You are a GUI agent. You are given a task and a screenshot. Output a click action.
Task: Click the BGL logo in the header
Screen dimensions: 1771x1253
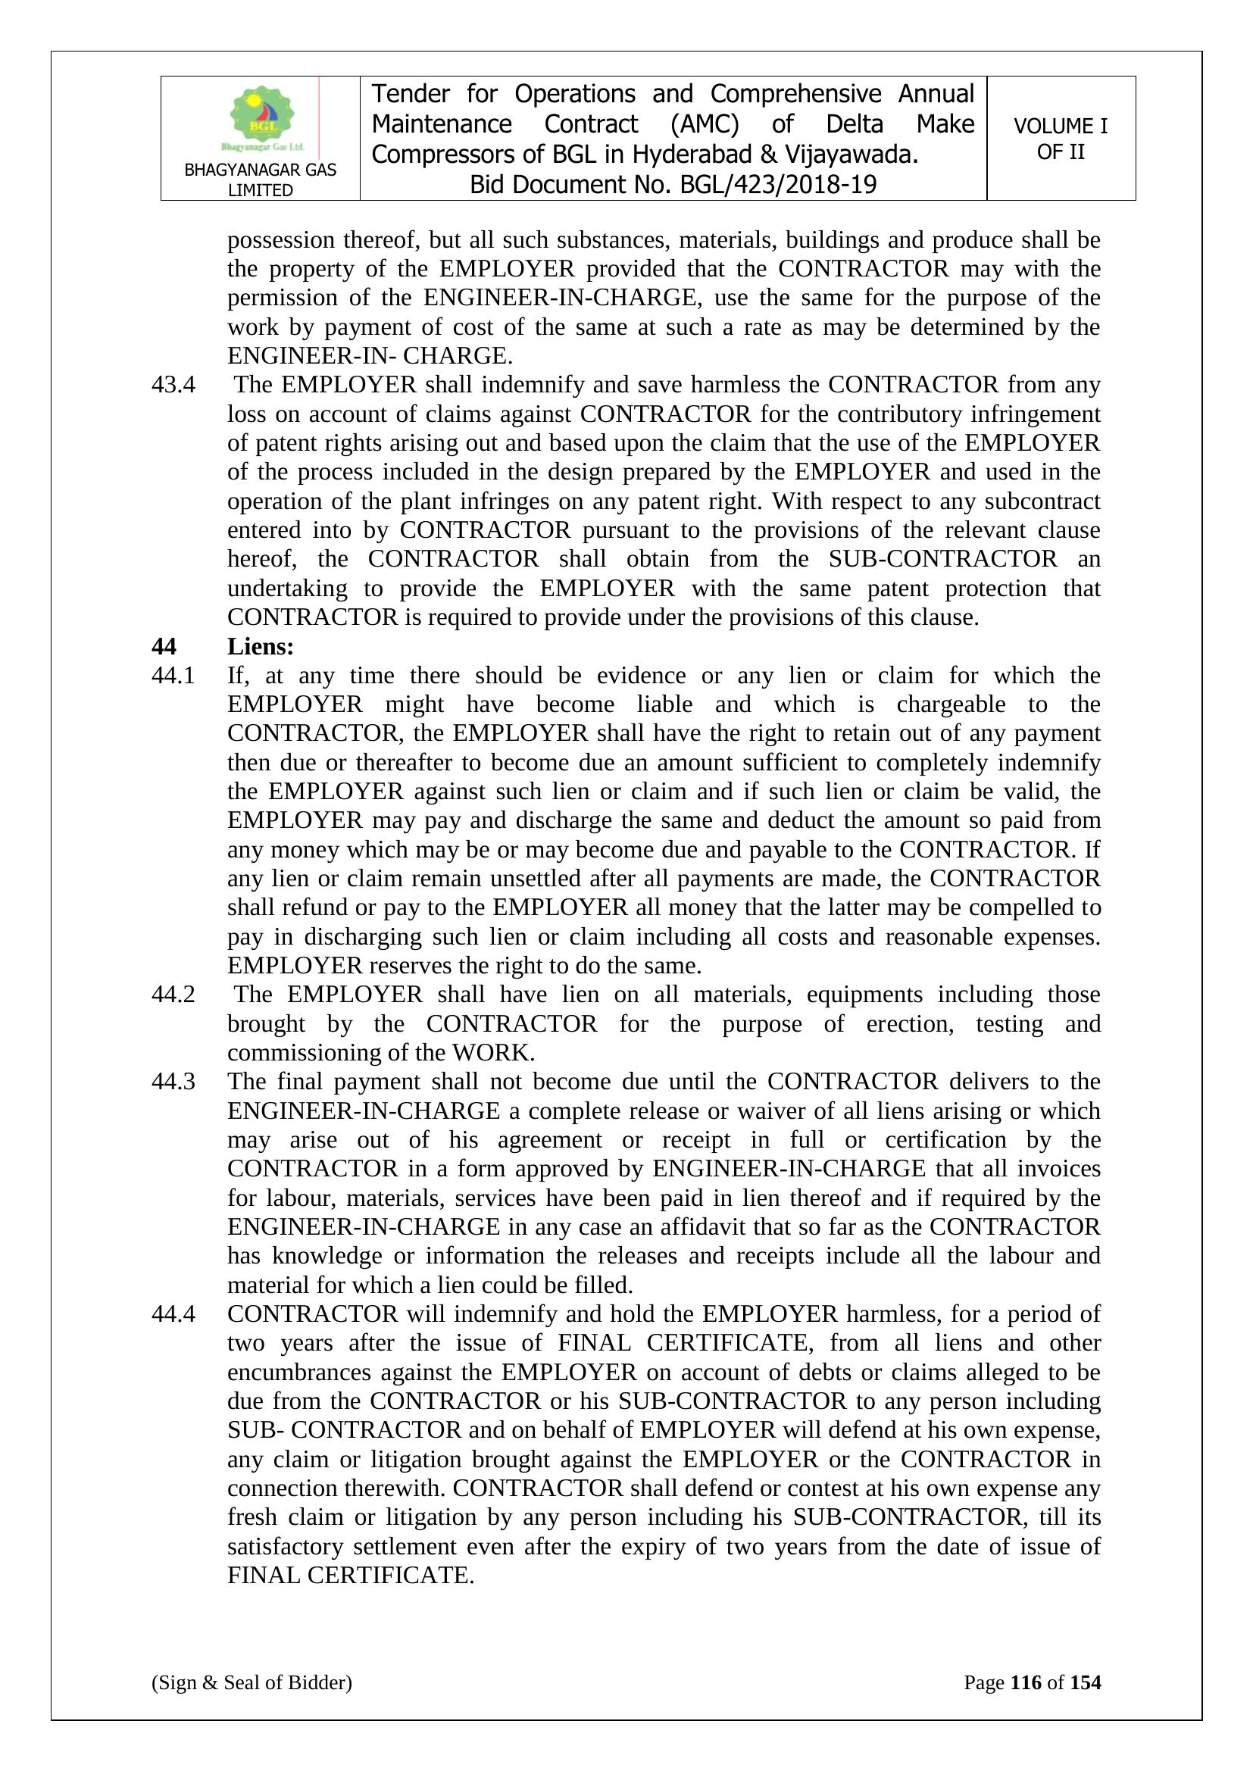[262, 118]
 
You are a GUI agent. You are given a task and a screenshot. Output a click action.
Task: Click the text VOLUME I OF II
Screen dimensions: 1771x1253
[1060, 139]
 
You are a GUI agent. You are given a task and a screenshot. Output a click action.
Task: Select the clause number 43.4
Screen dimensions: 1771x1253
[173, 384]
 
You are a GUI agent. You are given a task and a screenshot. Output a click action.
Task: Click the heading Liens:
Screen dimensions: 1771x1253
[260, 645]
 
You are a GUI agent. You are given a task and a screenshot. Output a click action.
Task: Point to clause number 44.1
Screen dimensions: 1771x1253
[173, 675]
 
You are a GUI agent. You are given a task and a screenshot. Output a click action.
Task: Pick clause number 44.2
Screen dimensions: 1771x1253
[173, 994]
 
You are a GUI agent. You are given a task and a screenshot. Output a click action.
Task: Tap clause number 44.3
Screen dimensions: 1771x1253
[173, 1081]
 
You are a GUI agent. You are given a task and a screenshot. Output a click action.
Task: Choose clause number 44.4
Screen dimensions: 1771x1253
[173, 1313]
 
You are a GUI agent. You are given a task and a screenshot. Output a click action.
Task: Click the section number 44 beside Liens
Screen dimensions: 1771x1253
[164, 645]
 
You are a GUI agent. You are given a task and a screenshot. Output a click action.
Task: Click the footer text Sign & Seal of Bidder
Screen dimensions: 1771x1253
[252, 1682]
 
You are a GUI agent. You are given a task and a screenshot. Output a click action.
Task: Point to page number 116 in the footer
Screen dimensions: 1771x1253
[1026, 1682]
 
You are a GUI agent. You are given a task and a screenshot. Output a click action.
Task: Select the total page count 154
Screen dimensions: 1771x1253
[1085, 1682]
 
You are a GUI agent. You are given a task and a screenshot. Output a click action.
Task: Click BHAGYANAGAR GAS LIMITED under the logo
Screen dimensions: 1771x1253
[260, 180]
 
